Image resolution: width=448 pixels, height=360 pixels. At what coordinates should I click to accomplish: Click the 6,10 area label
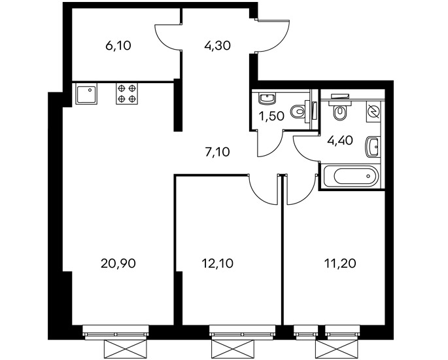[x=118, y=45]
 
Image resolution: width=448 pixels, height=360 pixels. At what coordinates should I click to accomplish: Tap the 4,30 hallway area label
[x=217, y=45]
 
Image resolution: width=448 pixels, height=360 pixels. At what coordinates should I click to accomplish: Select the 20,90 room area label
[x=118, y=263]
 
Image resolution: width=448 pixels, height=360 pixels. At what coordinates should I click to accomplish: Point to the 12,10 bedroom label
[x=217, y=263]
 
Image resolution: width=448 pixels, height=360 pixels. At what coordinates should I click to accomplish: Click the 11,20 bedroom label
[x=340, y=263]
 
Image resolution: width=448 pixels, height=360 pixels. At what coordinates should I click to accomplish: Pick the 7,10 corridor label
[x=217, y=152]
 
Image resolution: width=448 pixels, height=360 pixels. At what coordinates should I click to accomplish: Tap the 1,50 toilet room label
[x=271, y=117]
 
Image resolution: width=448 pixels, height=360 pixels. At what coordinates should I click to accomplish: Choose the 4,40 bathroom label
[x=341, y=140]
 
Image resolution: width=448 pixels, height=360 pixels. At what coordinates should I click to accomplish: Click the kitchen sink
[x=86, y=94]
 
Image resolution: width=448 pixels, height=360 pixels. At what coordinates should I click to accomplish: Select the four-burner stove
[x=127, y=94]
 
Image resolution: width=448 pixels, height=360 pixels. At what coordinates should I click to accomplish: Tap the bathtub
[x=351, y=176]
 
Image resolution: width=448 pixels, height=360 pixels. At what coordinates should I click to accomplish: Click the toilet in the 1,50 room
[x=298, y=112]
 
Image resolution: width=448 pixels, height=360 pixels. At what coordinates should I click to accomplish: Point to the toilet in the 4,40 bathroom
[x=339, y=111]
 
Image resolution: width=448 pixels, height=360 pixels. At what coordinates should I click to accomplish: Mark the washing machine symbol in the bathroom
[x=373, y=111]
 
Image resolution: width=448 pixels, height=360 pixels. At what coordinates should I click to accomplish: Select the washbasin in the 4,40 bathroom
[x=373, y=147]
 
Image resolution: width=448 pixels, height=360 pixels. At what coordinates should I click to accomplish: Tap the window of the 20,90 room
[x=116, y=333]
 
